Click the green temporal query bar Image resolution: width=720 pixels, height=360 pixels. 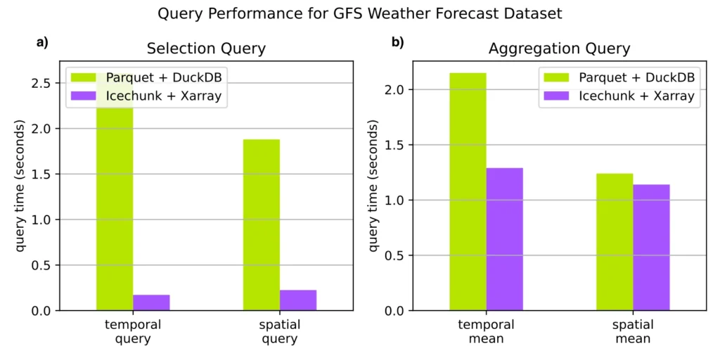(x=115, y=211)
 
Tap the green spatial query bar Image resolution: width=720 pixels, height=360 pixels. (x=262, y=225)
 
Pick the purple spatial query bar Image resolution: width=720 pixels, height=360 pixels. (x=298, y=300)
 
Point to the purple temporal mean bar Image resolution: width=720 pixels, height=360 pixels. (x=504, y=239)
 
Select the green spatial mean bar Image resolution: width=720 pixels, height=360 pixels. (x=615, y=242)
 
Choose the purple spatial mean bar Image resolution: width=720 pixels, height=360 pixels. (x=651, y=247)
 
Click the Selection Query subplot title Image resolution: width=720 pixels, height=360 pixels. (x=206, y=49)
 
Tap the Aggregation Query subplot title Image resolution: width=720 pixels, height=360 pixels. (x=559, y=49)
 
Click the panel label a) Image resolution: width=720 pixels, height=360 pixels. (x=43, y=43)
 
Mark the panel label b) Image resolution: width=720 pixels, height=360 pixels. (x=398, y=43)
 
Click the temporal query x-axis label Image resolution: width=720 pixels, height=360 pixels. (x=133, y=332)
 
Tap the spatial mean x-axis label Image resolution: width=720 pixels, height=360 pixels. (x=633, y=332)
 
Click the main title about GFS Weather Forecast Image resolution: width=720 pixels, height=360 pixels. (x=359, y=13)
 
